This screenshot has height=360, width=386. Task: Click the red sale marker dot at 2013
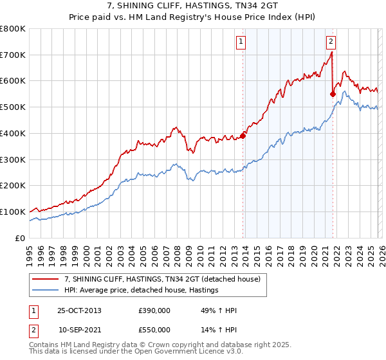(x=243, y=136)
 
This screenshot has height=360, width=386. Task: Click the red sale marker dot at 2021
(x=333, y=94)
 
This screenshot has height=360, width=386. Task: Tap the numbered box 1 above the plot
(x=241, y=42)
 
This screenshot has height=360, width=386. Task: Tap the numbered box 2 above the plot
(x=331, y=42)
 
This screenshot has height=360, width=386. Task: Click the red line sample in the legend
(x=46, y=279)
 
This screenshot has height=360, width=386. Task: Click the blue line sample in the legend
(x=46, y=291)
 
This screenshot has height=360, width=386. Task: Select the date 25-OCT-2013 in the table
(x=79, y=310)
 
